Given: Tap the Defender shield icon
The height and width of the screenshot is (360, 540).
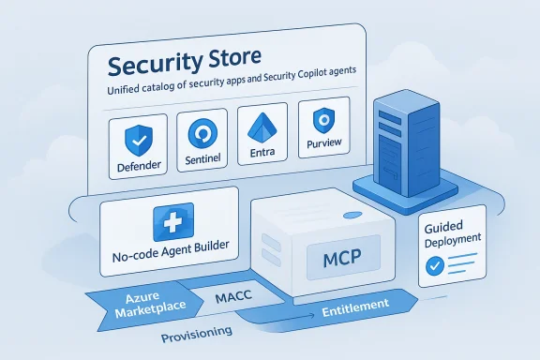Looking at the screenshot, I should tap(139, 138).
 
